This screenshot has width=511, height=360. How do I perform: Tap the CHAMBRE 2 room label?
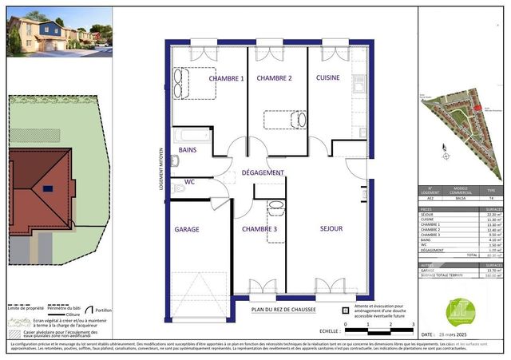click(x=274, y=78)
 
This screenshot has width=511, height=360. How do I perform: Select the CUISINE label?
click(x=328, y=77)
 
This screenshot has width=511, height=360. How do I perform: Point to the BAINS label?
click(x=188, y=150)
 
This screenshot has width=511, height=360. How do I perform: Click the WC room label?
click(x=190, y=181)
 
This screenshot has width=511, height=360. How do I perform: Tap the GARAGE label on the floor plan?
click(x=187, y=229)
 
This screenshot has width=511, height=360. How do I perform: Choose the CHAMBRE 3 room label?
click(x=259, y=229)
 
